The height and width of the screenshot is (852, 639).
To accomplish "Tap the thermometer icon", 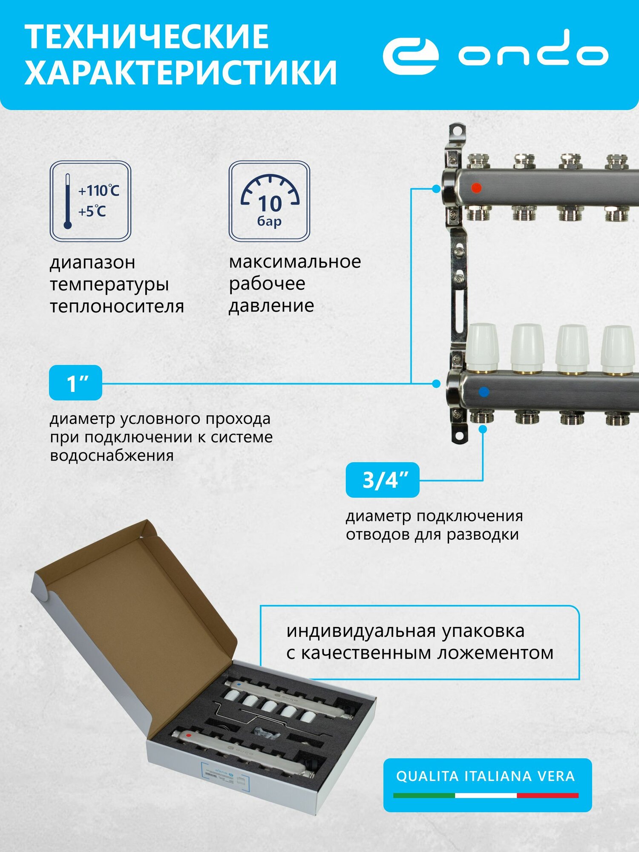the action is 67,201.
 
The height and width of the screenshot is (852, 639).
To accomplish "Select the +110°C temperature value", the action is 98,190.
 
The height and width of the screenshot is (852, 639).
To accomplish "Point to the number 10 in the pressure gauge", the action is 270,204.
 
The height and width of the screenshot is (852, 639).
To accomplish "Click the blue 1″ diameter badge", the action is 76,383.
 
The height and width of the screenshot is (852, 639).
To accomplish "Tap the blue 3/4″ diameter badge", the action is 383,480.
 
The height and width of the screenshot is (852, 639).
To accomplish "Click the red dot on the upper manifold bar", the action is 477,187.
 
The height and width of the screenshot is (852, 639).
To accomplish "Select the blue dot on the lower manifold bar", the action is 484,392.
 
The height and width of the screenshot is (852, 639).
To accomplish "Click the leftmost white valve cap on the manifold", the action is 483,348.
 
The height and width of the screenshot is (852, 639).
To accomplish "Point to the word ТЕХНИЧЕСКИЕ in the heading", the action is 147,37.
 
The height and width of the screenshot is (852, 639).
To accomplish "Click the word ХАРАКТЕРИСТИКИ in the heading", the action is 181,72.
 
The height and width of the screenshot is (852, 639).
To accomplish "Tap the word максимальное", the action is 295,262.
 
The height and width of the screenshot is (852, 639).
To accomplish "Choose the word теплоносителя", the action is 117,306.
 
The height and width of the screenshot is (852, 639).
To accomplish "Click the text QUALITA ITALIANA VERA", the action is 485,776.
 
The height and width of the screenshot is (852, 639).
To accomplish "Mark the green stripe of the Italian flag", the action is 423,795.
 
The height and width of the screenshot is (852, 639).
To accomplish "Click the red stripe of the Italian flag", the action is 547,795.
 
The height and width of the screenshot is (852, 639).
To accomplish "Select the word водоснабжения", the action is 112,455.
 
